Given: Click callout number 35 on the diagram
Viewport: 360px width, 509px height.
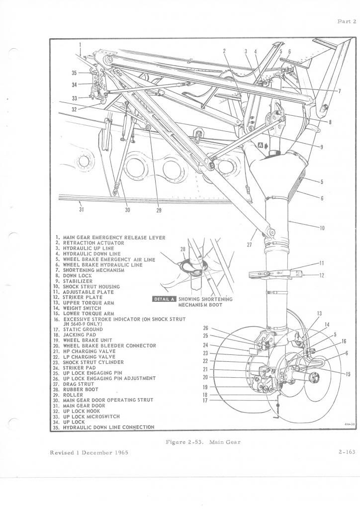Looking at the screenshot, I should (x=74, y=73).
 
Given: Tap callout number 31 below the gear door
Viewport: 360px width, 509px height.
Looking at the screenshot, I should (x=81, y=209).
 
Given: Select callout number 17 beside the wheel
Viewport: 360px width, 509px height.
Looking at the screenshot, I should (x=205, y=400).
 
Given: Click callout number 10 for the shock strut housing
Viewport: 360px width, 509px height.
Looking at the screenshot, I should (x=322, y=228).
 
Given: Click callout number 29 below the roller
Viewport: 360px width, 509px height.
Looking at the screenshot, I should (x=159, y=210).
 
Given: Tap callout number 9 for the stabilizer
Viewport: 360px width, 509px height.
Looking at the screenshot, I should (x=322, y=147).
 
